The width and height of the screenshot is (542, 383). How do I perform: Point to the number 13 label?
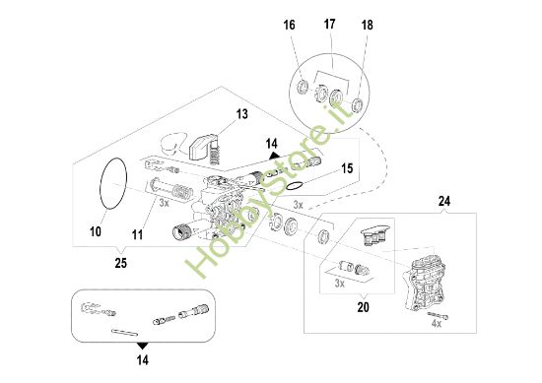(241, 115)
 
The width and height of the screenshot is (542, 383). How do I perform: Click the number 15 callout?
(346, 168)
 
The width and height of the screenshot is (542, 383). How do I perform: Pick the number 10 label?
(96, 232)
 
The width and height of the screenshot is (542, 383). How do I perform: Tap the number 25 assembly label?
(119, 264)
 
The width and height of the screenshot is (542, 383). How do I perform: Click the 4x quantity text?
(436, 323)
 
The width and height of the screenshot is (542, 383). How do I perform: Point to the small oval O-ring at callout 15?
(294, 184)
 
